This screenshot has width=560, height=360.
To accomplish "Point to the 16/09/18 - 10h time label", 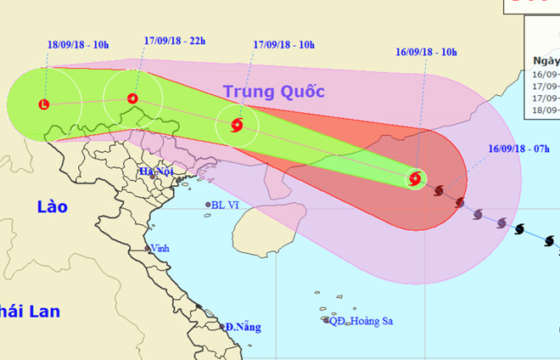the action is [x=427, y=53].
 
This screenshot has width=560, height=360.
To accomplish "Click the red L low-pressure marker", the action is [x=44, y=104].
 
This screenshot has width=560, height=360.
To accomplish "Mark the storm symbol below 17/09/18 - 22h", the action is [x=132, y=98].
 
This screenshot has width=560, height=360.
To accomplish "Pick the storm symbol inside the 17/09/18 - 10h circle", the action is [x=237, y=126].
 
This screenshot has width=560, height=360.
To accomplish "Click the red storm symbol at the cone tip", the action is [x=415, y=178].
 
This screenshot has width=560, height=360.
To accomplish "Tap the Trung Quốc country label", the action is [x=275, y=91].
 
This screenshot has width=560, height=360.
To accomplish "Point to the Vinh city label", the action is [x=159, y=249].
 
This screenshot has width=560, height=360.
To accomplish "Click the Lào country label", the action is [x=52, y=205].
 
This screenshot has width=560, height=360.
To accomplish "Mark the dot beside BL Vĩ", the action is [x=208, y=205].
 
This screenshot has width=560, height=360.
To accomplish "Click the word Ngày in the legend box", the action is [x=546, y=61].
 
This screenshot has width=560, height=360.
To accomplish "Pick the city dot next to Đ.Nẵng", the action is [x=222, y=326].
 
